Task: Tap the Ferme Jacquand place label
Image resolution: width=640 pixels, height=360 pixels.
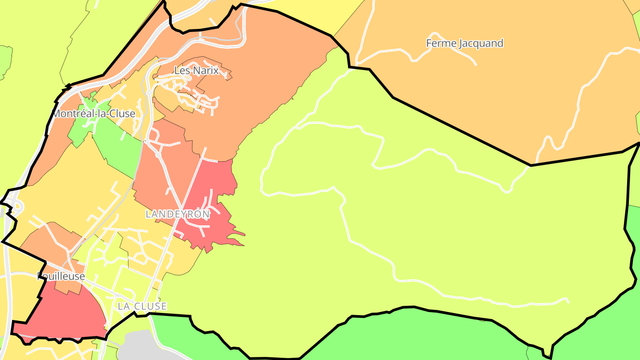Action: [464, 44]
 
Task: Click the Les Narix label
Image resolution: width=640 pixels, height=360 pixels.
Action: [196, 70]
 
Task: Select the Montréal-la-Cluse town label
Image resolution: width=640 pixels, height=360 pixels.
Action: [94, 114]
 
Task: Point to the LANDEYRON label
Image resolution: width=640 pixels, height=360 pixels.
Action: [177, 214]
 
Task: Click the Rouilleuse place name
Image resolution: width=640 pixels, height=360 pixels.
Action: [61, 276]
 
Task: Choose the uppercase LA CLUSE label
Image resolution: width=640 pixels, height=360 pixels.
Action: [142, 306]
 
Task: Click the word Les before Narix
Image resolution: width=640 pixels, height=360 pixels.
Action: [182, 70]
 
